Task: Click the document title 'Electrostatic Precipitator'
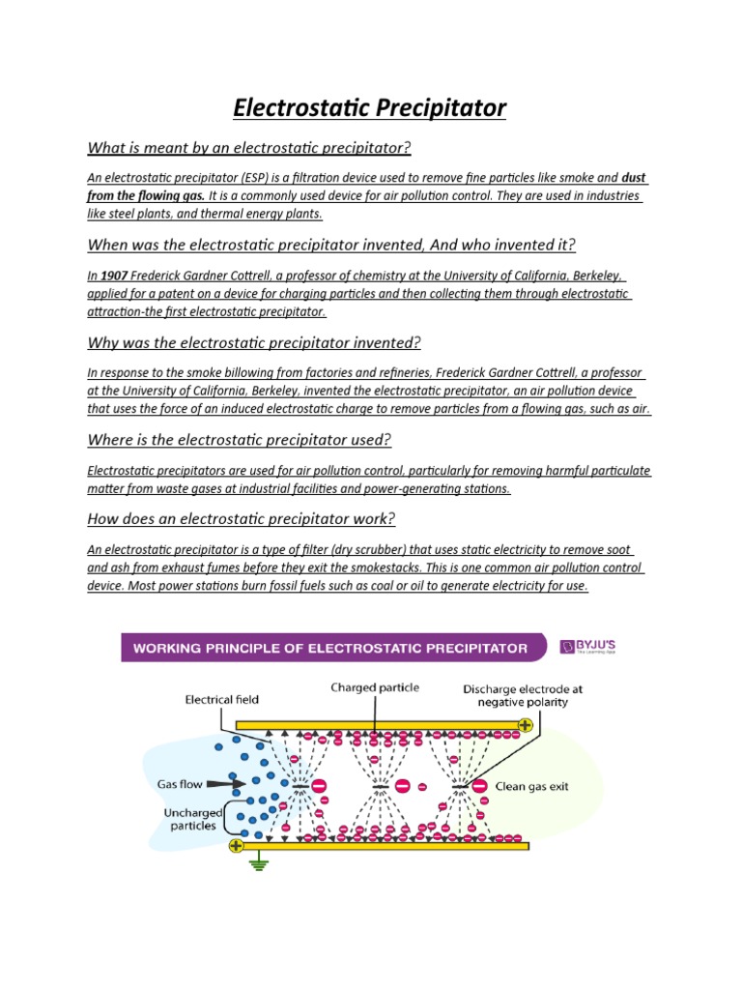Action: point(370,107)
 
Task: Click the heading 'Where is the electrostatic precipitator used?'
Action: point(239,440)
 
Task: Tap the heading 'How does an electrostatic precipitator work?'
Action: point(241,519)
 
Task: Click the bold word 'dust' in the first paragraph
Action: point(634,178)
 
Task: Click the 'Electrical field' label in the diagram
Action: point(222,698)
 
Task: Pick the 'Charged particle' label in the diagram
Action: point(375,688)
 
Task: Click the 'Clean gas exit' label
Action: point(532,787)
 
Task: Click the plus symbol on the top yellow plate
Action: point(525,724)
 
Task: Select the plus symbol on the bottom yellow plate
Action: point(236,845)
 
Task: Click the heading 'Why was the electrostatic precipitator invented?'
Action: point(254,343)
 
